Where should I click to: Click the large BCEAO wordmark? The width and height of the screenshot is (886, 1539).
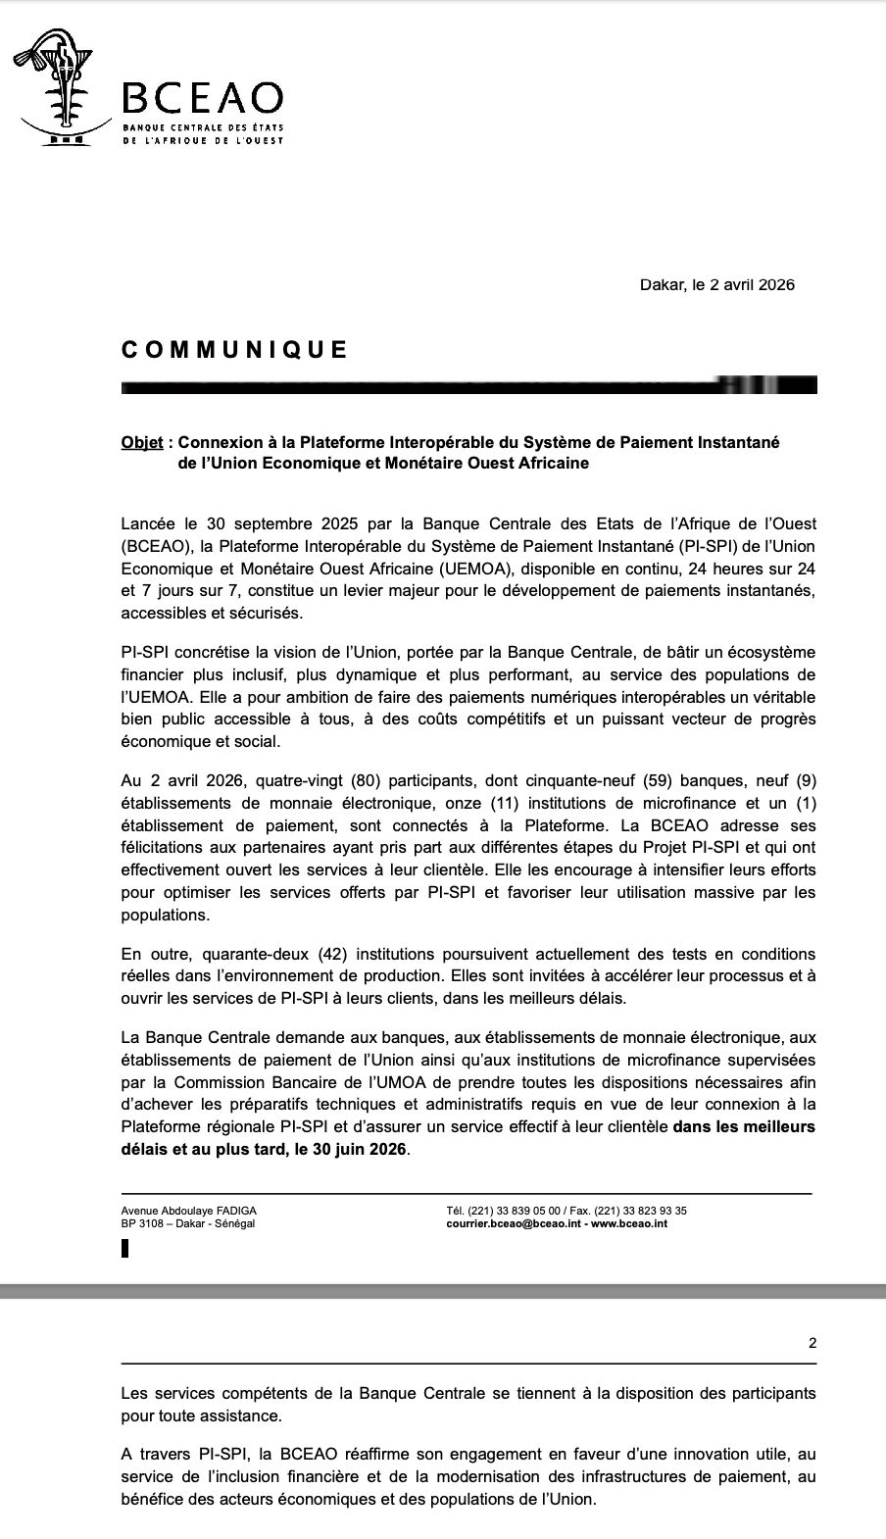pos(202,99)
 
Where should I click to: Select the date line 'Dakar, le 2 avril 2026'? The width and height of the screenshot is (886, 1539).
pos(716,285)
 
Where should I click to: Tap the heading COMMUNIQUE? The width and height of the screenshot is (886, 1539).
pos(234,350)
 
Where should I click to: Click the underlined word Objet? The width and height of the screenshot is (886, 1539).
pos(142,442)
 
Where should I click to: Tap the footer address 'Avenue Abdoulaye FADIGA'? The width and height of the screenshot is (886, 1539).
pos(188,1211)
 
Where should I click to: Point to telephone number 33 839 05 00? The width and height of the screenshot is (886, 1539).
pos(527,1211)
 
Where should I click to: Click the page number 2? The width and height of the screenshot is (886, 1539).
pos(812,1343)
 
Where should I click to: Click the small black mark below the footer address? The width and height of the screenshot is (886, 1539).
pos(124,1249)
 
